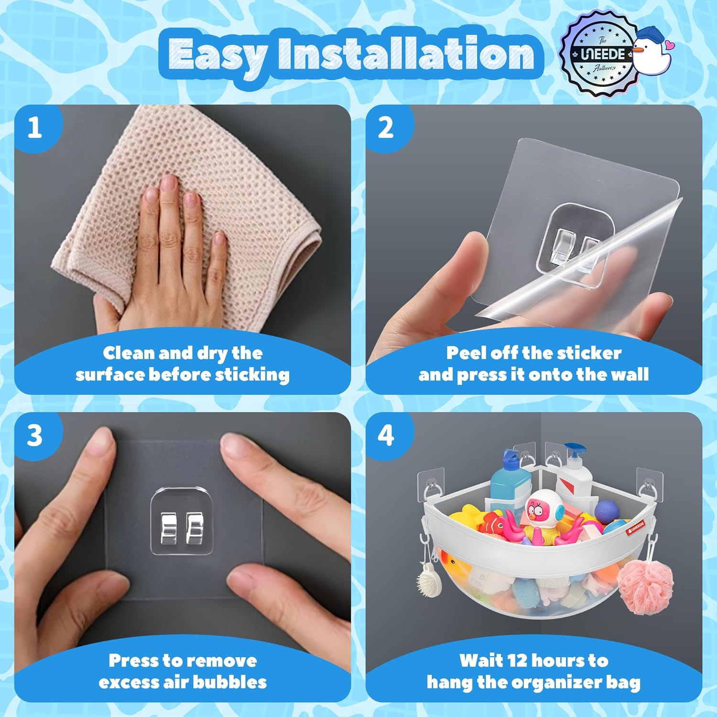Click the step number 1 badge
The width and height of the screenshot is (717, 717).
click(34, 128)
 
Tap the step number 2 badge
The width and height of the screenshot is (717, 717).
click(386, 128)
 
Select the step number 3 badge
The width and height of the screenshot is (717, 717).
click(34, 435)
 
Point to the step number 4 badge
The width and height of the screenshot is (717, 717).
click(386, 435)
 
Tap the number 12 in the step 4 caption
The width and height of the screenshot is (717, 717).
click(517, 661)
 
